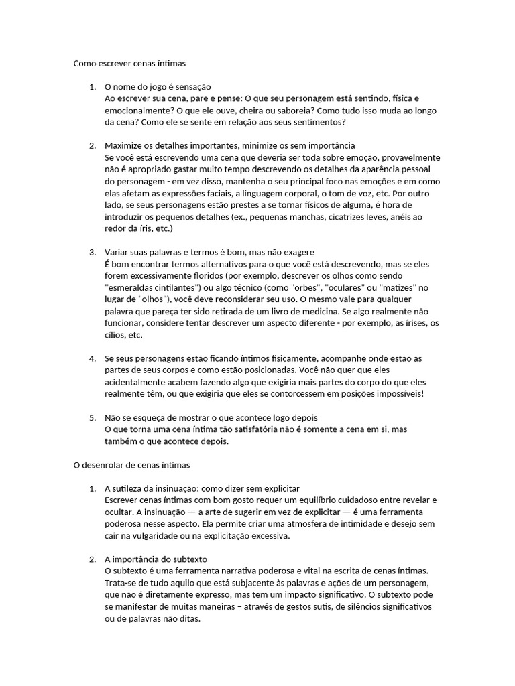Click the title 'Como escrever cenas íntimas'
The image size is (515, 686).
tap(129, 64)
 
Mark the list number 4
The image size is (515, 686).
tap(92, 358)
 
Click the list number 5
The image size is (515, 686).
tap(92, 417)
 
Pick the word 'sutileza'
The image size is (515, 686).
tap(129, 488)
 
